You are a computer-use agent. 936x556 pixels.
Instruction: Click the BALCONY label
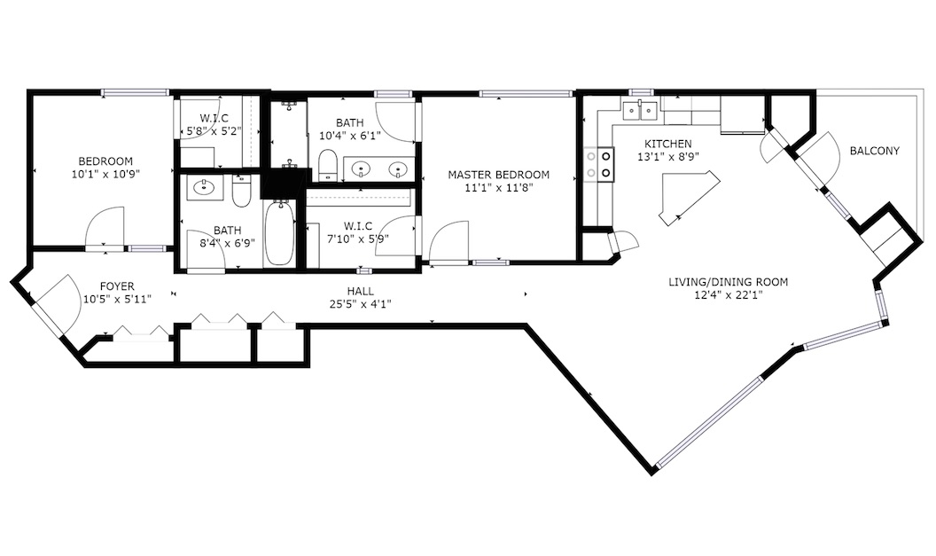pyautogui.click(x=874, y=151)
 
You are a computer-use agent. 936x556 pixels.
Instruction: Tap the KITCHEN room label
pyautogui.click(x=668, y=144)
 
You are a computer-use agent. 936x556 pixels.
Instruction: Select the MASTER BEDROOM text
pyautogui.click(x=498, y=175)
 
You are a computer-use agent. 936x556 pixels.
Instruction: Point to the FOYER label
pyautogui.click(x=117, y=286)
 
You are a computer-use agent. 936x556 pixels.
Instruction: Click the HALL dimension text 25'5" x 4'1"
pyautogui.click(x=361, y=304)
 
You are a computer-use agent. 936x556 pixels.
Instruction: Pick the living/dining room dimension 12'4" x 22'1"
pyautogui.click(x=728, y=294)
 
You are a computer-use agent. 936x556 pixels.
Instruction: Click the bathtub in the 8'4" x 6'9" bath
pyautogui.click(x=278, y=233)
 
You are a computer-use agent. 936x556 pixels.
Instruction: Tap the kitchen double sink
pyautogui.click(x=639, y=110)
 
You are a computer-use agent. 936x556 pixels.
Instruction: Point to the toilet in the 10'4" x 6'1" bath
pyautogui.click(x=327, y=164)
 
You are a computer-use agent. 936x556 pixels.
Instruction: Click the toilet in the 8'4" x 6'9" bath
pyautogui.click(x=241, y=191)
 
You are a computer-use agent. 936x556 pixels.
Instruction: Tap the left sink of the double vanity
pyautogui.click(x=361, y=170)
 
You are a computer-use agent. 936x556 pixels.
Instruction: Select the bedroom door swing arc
pyautogui.click(x=105, y=226)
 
